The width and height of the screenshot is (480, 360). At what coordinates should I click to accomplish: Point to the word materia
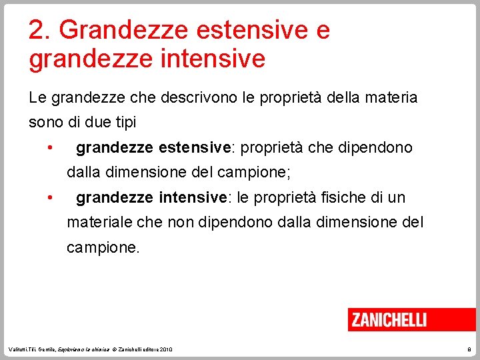click(x=389, y=97)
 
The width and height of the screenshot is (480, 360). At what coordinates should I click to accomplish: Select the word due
click(x=95, y=122)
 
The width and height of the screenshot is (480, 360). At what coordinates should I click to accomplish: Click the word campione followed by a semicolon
click(x=254, y=172)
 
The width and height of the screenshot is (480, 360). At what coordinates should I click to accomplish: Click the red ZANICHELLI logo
click(x=389, y=319)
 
